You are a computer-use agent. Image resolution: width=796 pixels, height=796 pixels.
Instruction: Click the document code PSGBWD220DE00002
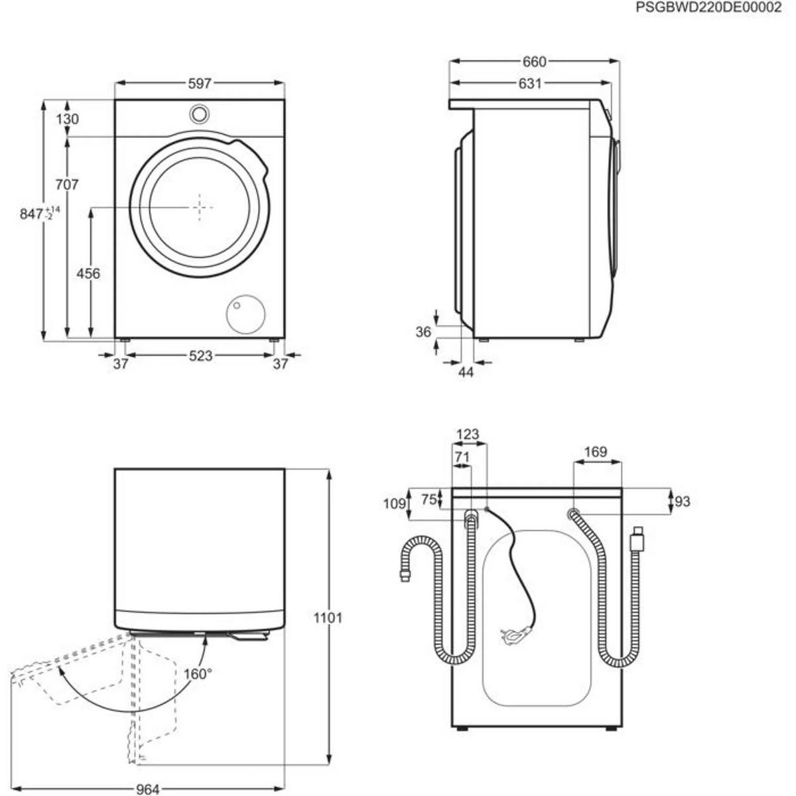(708, 8)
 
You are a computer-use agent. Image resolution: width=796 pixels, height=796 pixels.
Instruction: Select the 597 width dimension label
(200, 84)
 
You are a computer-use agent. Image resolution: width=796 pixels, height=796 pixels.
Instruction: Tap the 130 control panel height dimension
(67, 119)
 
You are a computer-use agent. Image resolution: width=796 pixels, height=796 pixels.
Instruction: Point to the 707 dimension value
(67, 184)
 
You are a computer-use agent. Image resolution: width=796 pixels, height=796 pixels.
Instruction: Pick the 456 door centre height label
(88, 273)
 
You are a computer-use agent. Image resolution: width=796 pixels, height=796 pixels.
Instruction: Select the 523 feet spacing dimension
(200, 356)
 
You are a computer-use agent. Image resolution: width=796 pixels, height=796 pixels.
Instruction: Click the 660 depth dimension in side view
(534, 62)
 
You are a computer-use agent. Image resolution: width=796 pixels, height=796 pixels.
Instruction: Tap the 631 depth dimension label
(530, 84)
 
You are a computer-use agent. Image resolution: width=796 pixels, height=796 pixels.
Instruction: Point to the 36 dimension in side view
(423, 332)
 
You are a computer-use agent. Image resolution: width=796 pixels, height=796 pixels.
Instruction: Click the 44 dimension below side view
(466, 373)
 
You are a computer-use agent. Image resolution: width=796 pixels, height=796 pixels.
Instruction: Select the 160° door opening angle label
(198, 674)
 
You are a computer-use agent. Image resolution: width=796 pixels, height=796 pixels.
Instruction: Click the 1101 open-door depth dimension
(328, 618)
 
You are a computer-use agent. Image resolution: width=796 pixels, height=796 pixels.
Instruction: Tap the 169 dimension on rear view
(596, 452)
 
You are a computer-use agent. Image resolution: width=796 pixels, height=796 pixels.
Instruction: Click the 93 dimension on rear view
(681, 501)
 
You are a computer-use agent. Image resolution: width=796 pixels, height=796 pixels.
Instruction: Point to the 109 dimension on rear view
(395, 504)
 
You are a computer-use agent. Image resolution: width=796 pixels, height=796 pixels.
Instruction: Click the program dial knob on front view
(199, 113)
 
